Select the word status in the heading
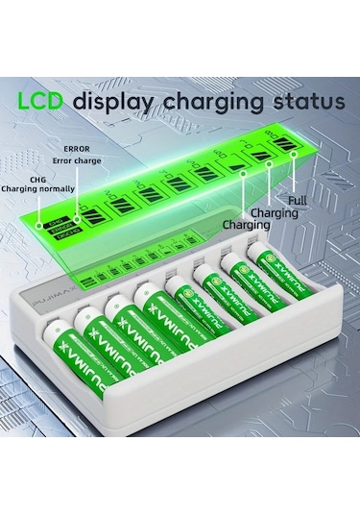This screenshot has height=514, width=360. point(306,101)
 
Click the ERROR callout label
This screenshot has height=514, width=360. point(77,149)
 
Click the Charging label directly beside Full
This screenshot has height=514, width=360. point(275,212)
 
